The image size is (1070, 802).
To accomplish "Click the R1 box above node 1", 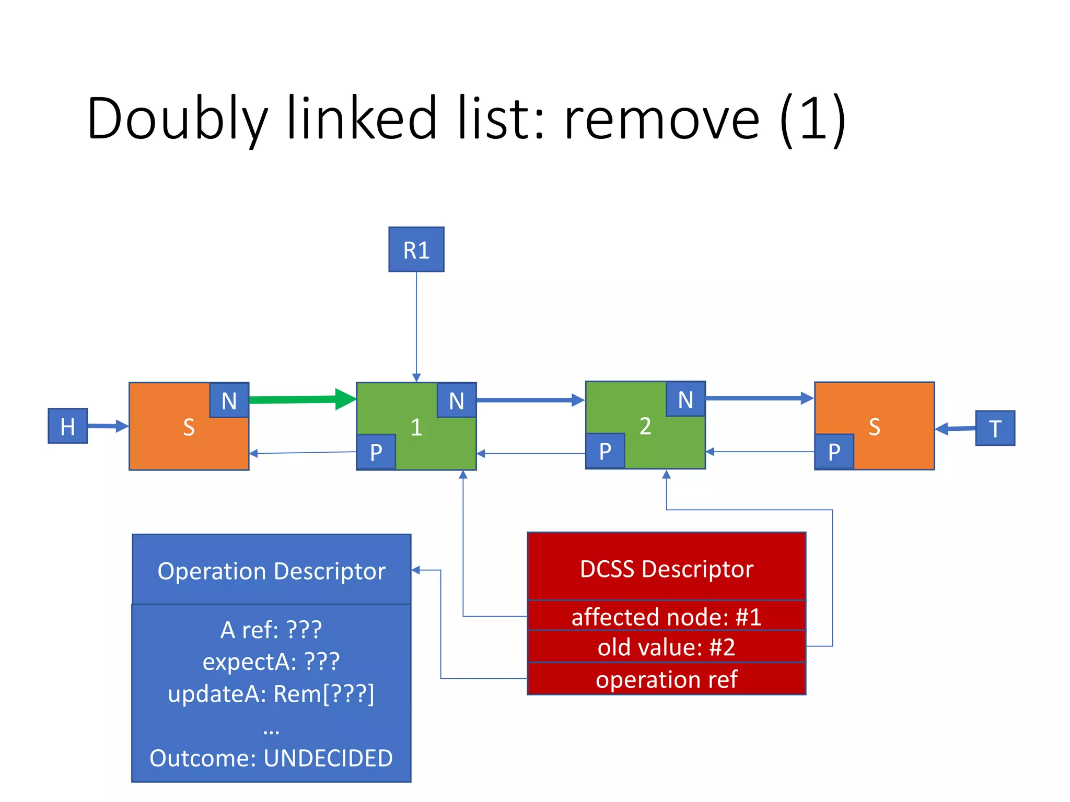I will pos(416,250).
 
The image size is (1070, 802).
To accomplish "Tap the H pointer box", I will pos(67,426).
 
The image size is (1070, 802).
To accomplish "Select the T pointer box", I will pos(995,428).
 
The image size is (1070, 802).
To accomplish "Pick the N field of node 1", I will pos(456,400).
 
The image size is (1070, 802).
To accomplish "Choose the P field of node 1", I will pos(376,452).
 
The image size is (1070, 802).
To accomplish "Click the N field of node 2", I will pos(685,399).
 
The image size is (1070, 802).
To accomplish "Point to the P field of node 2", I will pos(604,451).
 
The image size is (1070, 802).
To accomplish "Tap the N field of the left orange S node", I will pos(229,400).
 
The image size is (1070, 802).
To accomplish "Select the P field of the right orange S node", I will pos(834,452).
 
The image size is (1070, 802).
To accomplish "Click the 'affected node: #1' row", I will pos(666,616).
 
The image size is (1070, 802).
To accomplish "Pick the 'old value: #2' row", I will pos(666,647).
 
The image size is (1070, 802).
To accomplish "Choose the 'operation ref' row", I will pos(666,679).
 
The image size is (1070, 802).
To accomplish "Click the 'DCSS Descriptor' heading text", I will pos(666,569).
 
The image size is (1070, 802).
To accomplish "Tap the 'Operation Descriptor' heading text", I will pos(271,571).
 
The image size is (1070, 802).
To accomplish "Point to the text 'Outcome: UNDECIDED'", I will pos(271,758).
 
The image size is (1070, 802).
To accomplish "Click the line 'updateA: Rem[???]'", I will pos(271,694).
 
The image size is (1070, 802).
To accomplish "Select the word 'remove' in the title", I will pos(661,119).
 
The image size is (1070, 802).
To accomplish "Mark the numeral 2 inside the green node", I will pos(645,426).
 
